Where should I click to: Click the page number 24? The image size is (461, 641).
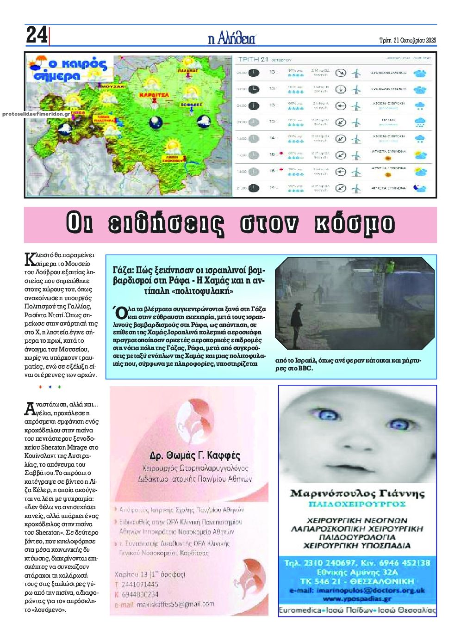(36, 35)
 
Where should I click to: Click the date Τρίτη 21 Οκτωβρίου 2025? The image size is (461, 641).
(408, 40)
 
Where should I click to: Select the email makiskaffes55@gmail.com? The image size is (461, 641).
(171, 604)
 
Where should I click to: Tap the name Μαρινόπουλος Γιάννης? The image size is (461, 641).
(357, 493)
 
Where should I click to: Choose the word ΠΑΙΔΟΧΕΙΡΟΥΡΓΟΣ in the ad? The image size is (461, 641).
(357, 504)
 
